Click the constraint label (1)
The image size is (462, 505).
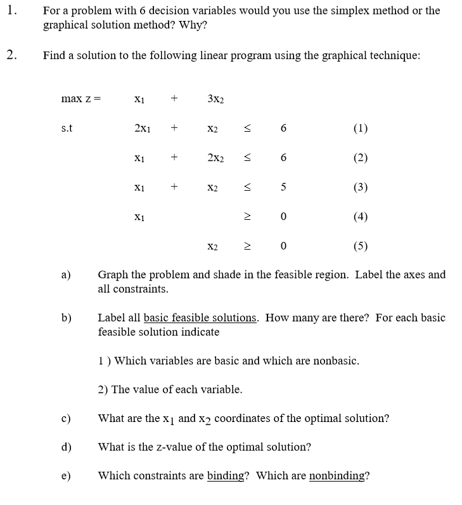[x=359, y=128]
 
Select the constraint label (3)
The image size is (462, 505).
[x=359, y=187]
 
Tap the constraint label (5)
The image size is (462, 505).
[x=359, y=246]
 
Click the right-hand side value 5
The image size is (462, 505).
[x=283, y=187]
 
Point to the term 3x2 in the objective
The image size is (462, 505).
[x=215, y=99]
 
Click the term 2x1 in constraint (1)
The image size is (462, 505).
[x=142, y=128]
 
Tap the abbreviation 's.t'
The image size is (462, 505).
[x=67, y=128]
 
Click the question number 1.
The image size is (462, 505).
[x=12, y=11]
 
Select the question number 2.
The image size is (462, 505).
[x=12, y=55]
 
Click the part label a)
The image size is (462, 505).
[x=65, y=275]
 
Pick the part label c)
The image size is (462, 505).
[x=65, y=418]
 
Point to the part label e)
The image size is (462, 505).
[x=65, y=476]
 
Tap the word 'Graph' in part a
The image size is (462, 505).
[x=113, y=275]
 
